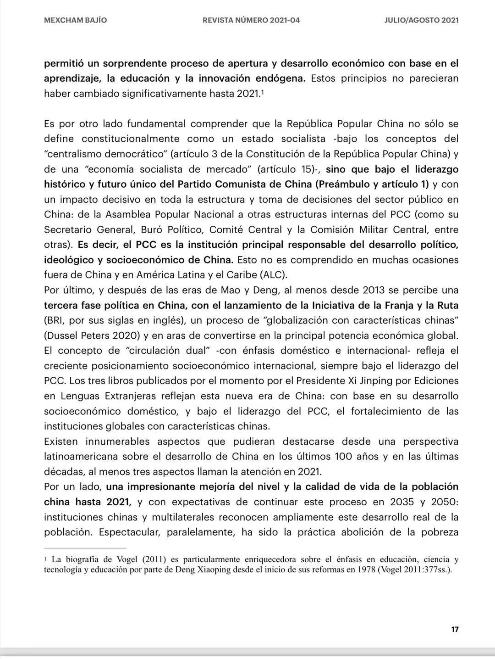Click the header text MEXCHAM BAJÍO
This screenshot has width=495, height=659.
pos(76,20)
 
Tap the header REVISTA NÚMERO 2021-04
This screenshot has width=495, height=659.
pos(251,20)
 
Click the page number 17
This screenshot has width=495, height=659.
pos(455,629)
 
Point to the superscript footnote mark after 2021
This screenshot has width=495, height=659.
pos(263,92)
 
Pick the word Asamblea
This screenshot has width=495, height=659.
pos(127,215)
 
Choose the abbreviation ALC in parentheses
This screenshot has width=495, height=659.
pos(273,275)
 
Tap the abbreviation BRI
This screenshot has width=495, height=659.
pos(56,320)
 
